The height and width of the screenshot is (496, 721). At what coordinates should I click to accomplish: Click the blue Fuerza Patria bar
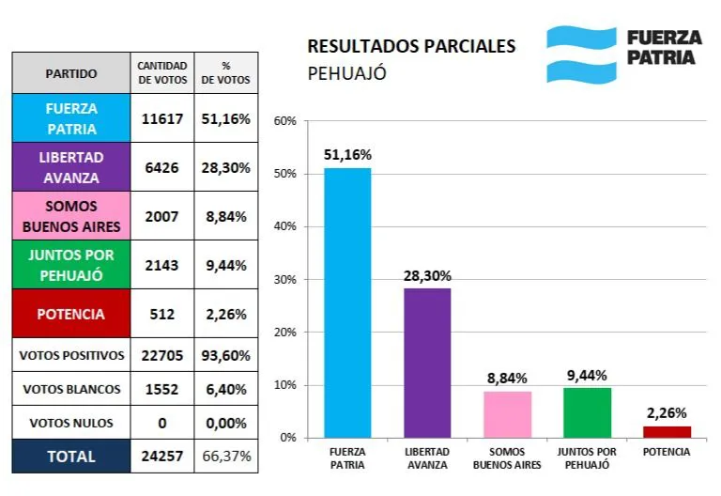point(347,302)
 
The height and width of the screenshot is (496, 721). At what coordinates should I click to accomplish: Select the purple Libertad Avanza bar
point(427,363)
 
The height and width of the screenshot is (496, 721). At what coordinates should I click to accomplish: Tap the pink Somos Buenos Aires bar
point(507,414)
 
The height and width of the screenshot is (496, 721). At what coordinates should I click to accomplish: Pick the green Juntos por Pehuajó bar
point(587,412)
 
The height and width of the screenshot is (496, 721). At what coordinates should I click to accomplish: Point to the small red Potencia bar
point(667,431)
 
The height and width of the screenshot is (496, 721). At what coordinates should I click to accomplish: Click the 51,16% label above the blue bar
point(347,155)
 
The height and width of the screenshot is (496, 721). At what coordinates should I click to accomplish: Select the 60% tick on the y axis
point(284,121)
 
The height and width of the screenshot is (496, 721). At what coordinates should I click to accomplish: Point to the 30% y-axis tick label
point(284,280)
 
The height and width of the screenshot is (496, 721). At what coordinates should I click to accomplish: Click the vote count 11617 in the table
point(162,118)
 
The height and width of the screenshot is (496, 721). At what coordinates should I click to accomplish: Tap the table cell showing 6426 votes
point(162,167)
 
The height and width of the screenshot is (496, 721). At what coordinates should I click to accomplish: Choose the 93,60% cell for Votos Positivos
point(225,356)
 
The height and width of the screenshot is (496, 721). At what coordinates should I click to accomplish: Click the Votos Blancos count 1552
point(162,389)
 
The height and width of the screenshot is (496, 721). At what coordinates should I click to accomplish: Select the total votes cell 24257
point(162,456)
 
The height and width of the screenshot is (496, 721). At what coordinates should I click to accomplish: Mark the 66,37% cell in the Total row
point(225,456)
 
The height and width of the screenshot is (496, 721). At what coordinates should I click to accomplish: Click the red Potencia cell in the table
point(71,314)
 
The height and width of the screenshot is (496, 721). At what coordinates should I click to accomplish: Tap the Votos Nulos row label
point(71,423)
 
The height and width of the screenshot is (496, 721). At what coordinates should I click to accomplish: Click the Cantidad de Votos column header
point(162,73)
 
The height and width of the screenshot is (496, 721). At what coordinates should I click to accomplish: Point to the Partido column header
point(71,73)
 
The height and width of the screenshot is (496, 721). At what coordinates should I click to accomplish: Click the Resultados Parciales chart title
point(411,46)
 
